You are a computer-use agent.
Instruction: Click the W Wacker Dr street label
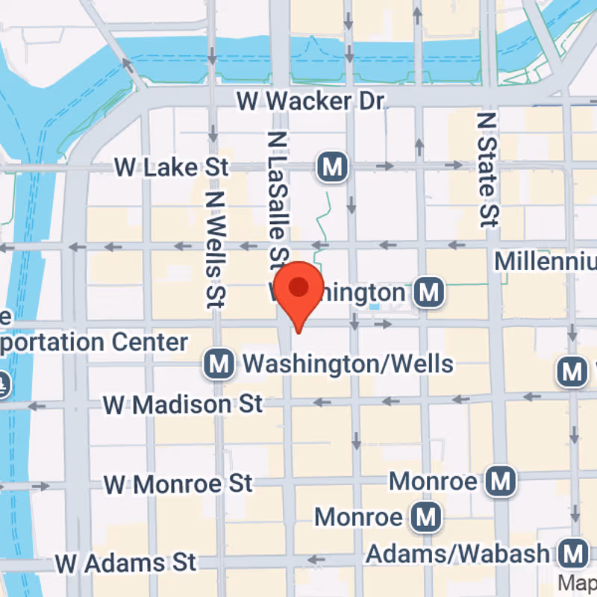pyautogui.click(x=309, y=100)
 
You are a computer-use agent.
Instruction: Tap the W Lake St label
pyautogui.click(x=171, y=167)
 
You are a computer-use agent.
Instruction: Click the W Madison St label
pyautogui.click(x=183, y=404)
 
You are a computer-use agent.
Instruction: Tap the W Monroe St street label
pyautogui.click(x=178, y=483)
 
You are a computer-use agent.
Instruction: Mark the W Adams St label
pyautogui.click(x=126, y=560)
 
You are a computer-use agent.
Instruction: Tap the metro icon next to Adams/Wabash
pyautogui.click(x=573, y=554)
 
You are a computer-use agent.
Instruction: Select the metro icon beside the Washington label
pyautogui.click(x=429, y=293)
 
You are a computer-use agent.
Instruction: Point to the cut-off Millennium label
pyautogui.click(x=546, y=261)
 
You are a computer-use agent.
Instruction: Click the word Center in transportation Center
pyautogui.click(x=150, y=343)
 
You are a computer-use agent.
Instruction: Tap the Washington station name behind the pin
pyautogui.click(x=351, y=293)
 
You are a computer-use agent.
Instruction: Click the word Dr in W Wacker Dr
pyautogui.click(x=369, y=100)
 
